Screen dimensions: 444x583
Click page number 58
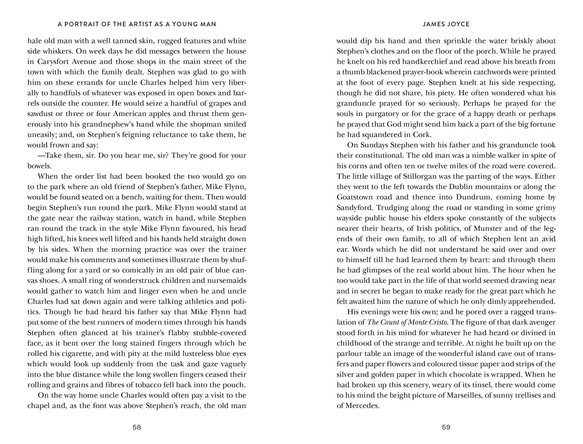coord(137,427)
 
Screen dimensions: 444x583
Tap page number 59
coord(446,427)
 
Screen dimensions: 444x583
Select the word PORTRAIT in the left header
coord(80,24)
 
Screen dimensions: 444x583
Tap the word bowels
coord(39,166)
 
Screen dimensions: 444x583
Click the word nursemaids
coord(228,280)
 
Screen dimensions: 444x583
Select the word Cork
coord(422,135)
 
